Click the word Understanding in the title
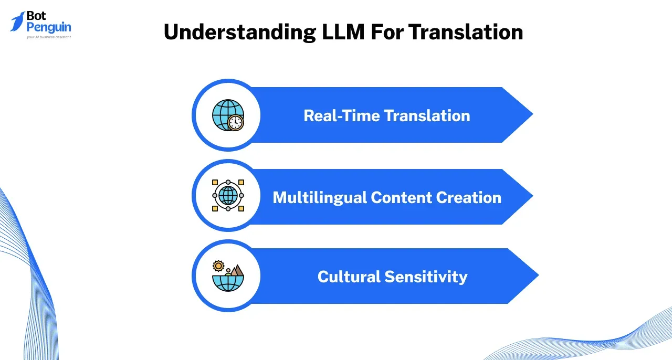click(x=240, y=32)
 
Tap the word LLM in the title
click(x=343, y=31)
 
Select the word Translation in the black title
click(x=466, y=31)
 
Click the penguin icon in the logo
click(x=18, y=22)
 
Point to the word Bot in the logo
click(x=36, y=16)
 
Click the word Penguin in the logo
click(x=49, y=27)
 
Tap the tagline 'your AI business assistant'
click(x=49, y=37)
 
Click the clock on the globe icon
click(x=236, y=122)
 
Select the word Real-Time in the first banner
click(x=342, y=115)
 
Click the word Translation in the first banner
click(x=427, y=115)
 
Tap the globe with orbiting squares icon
click(x=228, y=195)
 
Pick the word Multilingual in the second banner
click(x=320, y=198)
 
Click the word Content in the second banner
click(x=402, y=197)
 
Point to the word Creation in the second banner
click(x=469, y=197)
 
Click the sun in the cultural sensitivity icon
click(x=218, y=266)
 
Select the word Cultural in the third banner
click(x=349, y=277)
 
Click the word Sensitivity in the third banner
click(x=426, y=277)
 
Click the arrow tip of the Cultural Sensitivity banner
click(x=539, y=276)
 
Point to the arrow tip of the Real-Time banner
click(x=533, y=114)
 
